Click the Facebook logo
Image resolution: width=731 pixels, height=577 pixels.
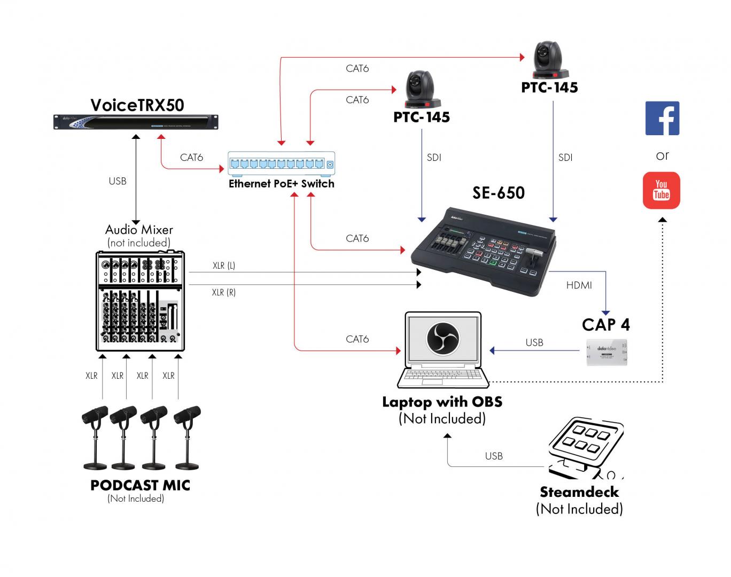[662, 118]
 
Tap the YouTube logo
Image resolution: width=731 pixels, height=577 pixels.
[662, 190]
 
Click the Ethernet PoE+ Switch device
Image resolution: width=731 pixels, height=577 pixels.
[282, 164]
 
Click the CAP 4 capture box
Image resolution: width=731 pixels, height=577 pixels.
[607, 352]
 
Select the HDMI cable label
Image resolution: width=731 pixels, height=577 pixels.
[579, 285]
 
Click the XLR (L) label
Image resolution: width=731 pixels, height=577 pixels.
[223, 266]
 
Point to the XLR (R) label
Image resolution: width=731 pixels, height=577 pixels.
[223, 292]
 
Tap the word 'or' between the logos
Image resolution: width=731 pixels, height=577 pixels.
[662, 155]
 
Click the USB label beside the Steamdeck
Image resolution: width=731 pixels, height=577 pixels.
[494, 456]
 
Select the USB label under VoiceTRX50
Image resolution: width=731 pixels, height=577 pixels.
[118, 181]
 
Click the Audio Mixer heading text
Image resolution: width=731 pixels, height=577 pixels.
[139, 230]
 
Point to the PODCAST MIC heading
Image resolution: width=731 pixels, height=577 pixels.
[140, 485]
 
